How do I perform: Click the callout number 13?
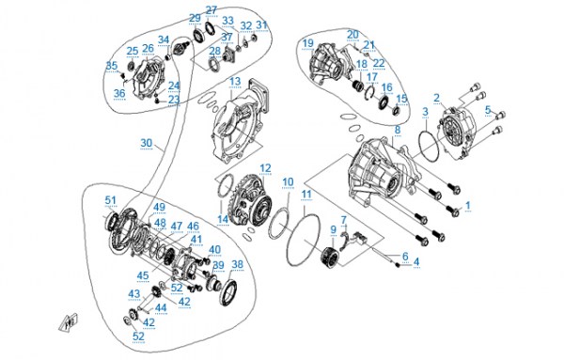point(235,81)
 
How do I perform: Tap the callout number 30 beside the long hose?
point(147,143)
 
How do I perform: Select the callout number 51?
point(111,200)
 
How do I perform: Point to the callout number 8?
point(397,130)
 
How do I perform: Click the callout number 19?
point(308,43)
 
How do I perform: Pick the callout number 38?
point(238,265)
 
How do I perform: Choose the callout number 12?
point(265,168)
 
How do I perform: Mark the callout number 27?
point(211,10)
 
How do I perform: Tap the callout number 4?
point(416,262)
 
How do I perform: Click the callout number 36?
point(119,93)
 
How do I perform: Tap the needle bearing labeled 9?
point(330,258)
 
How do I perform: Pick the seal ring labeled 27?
point(210,29)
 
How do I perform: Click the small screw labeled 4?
point(398,265)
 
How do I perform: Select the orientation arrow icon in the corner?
point(69,321)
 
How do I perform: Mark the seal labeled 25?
point(132,66)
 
